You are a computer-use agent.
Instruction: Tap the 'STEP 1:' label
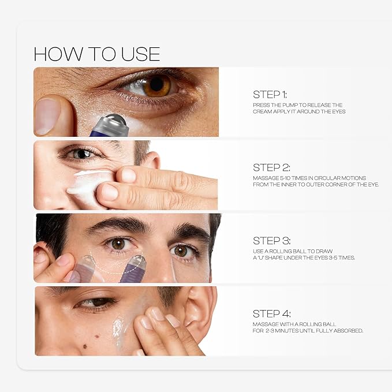270,94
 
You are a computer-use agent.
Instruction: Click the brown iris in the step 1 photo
157,85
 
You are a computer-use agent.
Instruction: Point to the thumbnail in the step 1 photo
47,116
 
